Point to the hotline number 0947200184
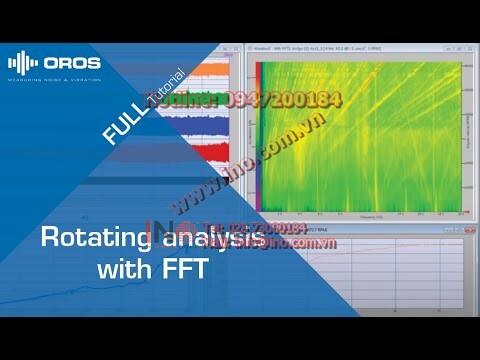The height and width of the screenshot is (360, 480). [270, 100]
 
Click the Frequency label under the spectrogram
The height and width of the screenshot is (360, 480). [355, 214]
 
